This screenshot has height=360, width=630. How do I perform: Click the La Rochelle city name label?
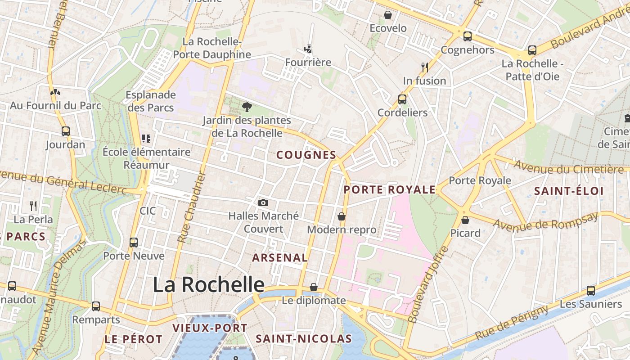click(x=209, y=284)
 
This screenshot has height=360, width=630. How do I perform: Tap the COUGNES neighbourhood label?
click(x=306, y=155)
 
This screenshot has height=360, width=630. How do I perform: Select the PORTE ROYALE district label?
click(x=390, y=190)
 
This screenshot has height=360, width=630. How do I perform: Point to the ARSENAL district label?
click(x=280, y=258)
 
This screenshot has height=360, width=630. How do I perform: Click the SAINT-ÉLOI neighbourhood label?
click(x=569, y=191)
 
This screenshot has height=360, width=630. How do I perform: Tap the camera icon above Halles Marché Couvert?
click(x=263, y=203)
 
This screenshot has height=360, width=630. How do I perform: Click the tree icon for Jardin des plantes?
click(x=247, y=107)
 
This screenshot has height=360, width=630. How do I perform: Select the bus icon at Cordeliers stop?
click(x=402, y=99)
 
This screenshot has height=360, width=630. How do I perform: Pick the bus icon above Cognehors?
click(x=468, y=36)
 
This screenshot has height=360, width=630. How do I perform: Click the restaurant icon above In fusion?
click(x=424, y=67)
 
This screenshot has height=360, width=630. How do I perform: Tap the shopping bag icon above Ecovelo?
click(x=388, y=15)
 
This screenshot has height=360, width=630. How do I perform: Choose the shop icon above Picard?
click(x=465, y=220)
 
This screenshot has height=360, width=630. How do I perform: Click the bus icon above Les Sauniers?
click(x=591, y=291)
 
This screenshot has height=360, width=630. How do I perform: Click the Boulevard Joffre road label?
click(x=426, y=284)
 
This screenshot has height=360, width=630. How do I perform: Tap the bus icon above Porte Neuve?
click(x=134, y=243)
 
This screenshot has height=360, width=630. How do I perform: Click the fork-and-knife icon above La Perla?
click(x=33, y=206)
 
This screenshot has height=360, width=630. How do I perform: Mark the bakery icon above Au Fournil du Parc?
click(x=55, y=92)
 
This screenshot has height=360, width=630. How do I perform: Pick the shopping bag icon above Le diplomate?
click(x=314, y=287)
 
